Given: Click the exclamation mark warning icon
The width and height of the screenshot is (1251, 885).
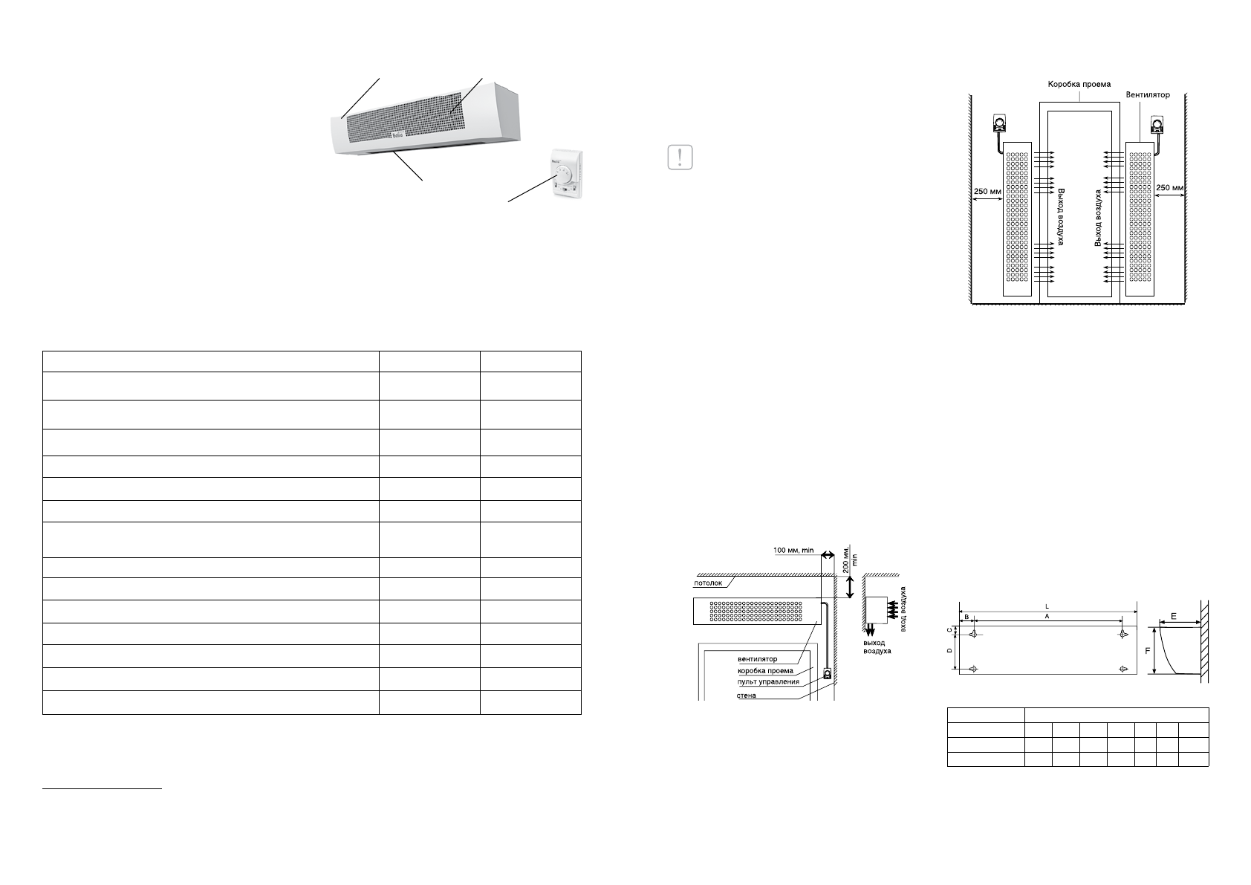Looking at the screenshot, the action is [x=680, y=158].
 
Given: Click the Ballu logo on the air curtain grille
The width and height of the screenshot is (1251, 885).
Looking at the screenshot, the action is [x=399, y=135].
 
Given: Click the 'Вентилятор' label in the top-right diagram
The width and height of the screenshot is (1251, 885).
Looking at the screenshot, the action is [x=1148, y=95].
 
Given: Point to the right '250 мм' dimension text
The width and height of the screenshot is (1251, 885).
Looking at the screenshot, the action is [x=1169, y=188].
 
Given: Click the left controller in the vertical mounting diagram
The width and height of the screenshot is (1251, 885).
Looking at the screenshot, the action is [x=999, y=125].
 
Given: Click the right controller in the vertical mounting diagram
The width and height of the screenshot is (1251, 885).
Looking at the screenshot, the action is [x=1158, y=125].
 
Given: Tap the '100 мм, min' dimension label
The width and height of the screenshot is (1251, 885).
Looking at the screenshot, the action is [x=793, y=551].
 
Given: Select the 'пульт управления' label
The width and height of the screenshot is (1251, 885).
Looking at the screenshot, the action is [x=768, y=681].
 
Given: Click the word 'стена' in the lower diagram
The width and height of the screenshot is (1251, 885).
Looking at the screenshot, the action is [x=747, y=696].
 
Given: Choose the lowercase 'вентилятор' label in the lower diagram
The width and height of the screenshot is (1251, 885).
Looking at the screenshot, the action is [x=757, y=658].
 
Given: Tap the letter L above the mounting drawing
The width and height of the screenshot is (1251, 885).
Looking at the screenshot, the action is [x=1047, y=607].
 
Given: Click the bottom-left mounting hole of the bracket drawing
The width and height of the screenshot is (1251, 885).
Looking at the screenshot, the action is [x=974, y=669].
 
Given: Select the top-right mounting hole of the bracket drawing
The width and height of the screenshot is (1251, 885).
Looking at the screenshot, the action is [x=1122, y=634].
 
